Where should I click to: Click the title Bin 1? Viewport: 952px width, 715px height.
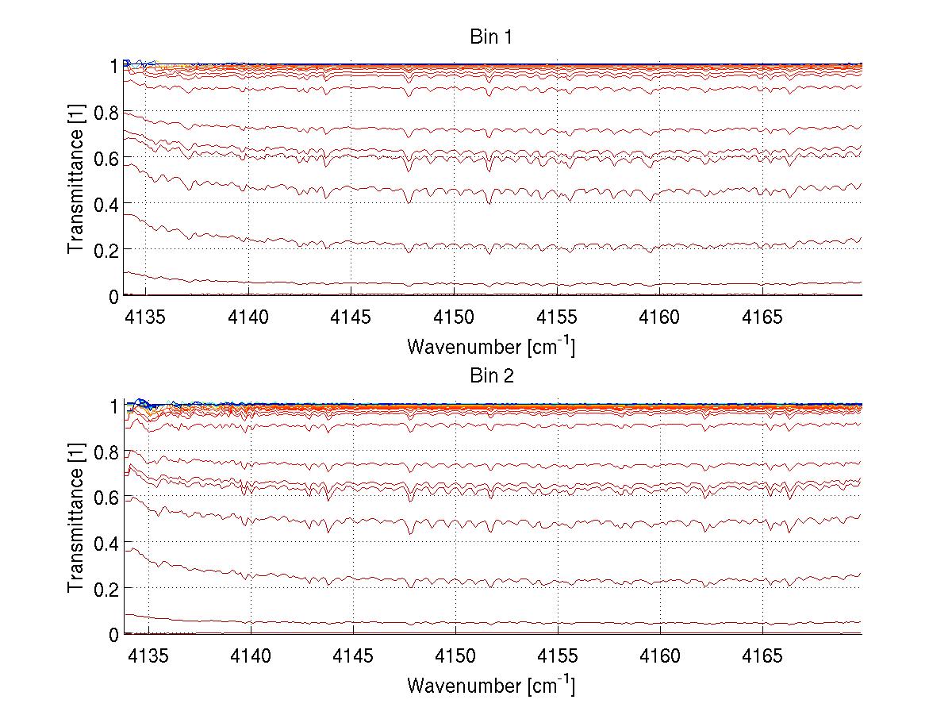(490, 37)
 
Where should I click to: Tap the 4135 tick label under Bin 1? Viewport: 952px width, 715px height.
(146, 317)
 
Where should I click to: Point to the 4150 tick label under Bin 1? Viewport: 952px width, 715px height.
(455, 317)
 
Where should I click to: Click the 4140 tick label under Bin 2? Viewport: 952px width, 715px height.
(249, 655)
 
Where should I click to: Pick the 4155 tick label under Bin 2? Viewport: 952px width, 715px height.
(558, 655)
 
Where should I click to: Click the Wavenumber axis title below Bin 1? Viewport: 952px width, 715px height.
(490, 346)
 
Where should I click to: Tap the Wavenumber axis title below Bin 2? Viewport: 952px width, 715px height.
(490, 685)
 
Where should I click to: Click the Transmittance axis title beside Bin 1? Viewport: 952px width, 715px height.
(75, 180)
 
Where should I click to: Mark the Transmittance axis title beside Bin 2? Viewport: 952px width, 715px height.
(75, 519)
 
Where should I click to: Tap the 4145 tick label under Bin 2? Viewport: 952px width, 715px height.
(351, 655)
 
